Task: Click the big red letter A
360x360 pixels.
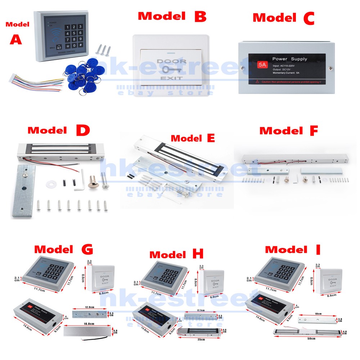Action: [x=15, y=39]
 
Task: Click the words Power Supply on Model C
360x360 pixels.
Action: [x=289, y=59]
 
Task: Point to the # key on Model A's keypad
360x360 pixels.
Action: [x=81, y=45]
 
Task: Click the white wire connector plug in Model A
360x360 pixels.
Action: [x=13, y=77]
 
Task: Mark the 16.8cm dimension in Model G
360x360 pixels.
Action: [x=87, y=324]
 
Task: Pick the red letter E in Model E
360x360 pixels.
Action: [x=210, y=138]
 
